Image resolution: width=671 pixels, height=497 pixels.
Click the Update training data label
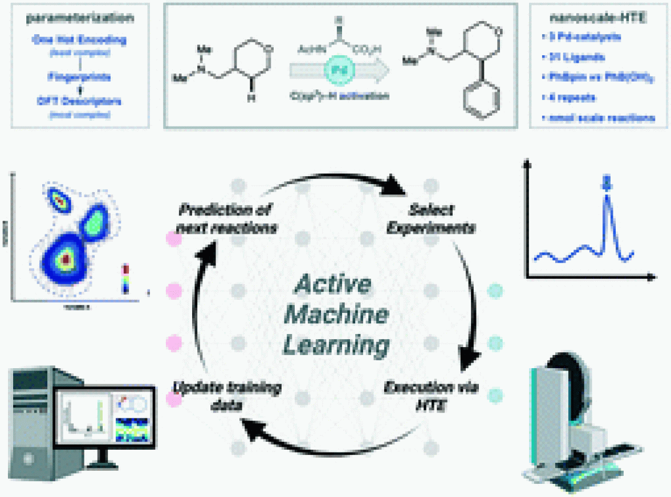pos(226,397)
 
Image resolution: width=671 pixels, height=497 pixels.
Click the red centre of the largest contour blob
pos(66,259)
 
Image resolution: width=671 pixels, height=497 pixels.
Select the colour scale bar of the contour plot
pos(126,278)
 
